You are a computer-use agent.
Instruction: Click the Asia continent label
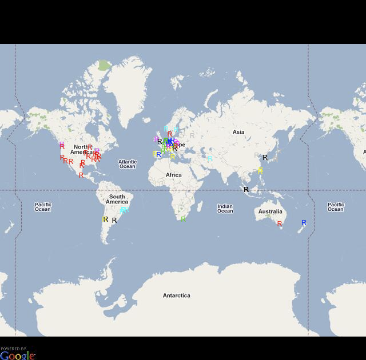point(238,132)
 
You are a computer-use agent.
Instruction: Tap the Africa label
point(174,175)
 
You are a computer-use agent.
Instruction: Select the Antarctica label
point(176,295)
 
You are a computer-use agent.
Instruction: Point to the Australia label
point(270,211)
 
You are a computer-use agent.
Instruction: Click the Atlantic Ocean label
point(128,164)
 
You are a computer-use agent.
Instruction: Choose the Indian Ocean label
point(225,209)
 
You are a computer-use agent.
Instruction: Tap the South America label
point(117,199)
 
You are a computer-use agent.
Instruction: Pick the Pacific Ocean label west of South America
point(43,207)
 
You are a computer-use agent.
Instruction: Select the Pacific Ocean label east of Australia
point(336,207)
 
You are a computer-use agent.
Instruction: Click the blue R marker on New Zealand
point(304,223)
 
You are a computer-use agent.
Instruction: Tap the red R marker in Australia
point(280,224)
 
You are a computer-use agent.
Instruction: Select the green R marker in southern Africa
point(183,219)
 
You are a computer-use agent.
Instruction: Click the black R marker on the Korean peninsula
point(265,158)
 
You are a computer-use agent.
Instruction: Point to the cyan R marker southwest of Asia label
point(210,158)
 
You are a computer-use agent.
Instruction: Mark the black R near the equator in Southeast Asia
point(246,189)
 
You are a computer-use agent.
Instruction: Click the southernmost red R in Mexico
point(81,175)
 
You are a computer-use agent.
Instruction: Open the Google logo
point(17,355)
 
